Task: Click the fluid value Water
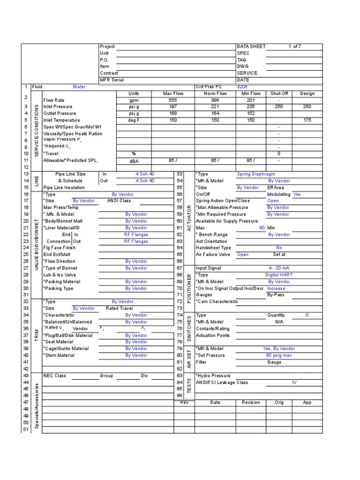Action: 79,87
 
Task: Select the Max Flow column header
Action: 172,93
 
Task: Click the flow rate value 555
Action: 172,100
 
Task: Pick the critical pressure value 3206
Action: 242,87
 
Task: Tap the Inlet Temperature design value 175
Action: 307,120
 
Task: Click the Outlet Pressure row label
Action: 59,113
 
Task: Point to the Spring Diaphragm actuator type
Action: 257,174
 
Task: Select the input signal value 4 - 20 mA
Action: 278,268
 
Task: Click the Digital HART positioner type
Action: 279,275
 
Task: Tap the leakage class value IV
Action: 294,382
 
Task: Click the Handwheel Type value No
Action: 279,248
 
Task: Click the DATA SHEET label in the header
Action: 251,46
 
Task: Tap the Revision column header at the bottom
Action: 251,403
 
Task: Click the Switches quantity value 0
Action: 307,315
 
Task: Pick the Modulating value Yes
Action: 297,194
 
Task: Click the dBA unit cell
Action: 134,161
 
